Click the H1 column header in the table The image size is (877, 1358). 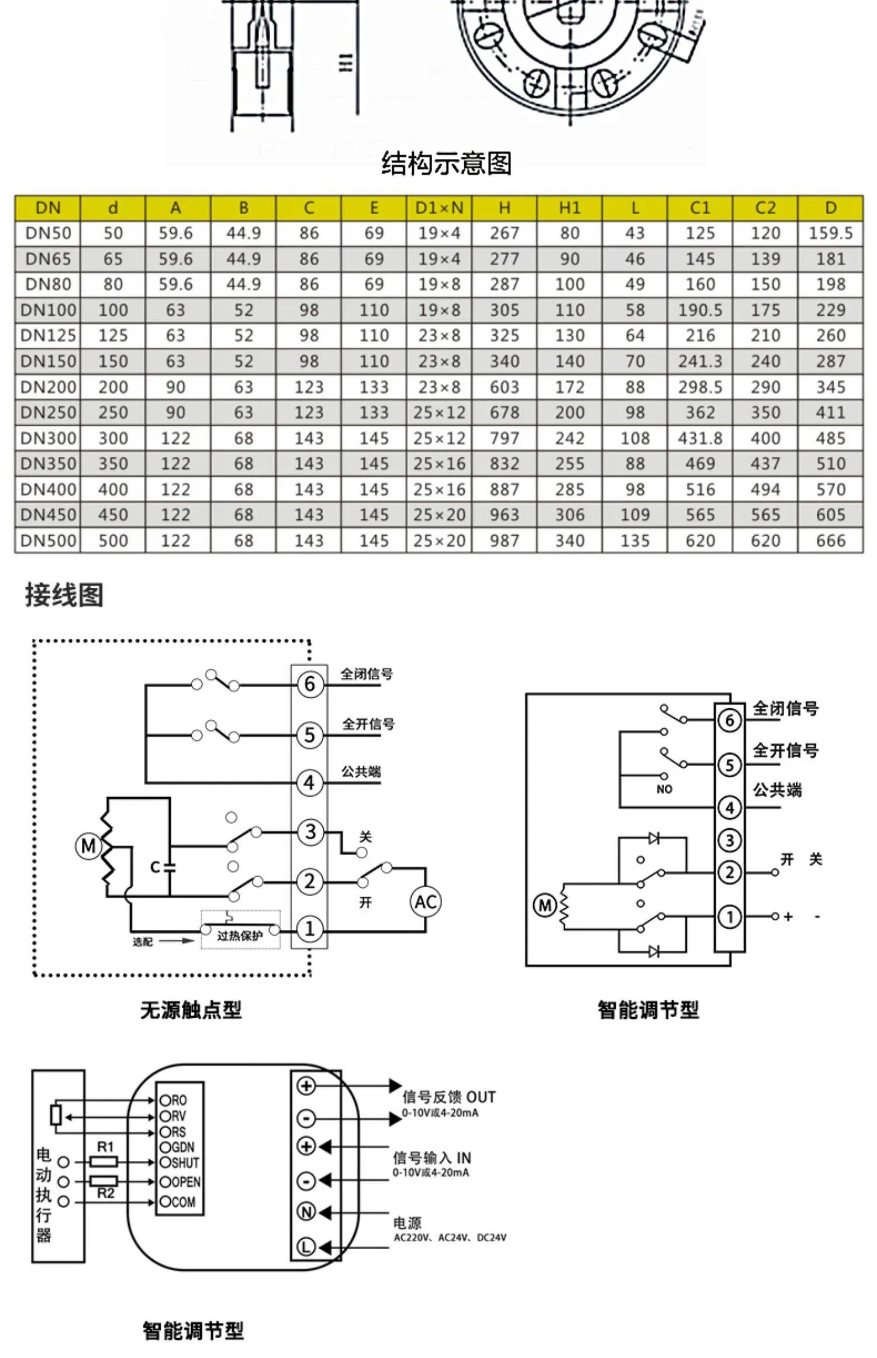(x=569, y=208)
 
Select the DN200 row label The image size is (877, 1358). (x=48, y=387)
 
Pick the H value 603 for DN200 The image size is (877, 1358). (x=505, y=387)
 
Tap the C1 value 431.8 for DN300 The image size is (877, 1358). (x=700, y=438)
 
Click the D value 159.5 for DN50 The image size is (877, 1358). (x=830, y=233)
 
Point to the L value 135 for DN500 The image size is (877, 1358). (x=635, y=540)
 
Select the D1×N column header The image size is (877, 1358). (x=439, y=208)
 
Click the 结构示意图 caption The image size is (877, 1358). (x=446, y=163)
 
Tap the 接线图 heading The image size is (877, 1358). (x=64, y=595)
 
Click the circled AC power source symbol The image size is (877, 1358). (x=425, y=901)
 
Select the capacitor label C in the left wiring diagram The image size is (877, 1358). (x=154, y=867)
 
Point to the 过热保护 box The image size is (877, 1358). (x=240, y=935)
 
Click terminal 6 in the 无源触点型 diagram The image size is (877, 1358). (x=310, y=683)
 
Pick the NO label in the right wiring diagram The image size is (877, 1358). (x=664, y=789)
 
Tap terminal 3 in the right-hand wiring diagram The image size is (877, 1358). (x=729, y=840)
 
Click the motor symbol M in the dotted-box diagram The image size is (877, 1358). (x=88, y=846)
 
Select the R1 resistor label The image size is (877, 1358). (x=105, y=1147)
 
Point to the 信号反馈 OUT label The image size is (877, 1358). (x=448, y=1097)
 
